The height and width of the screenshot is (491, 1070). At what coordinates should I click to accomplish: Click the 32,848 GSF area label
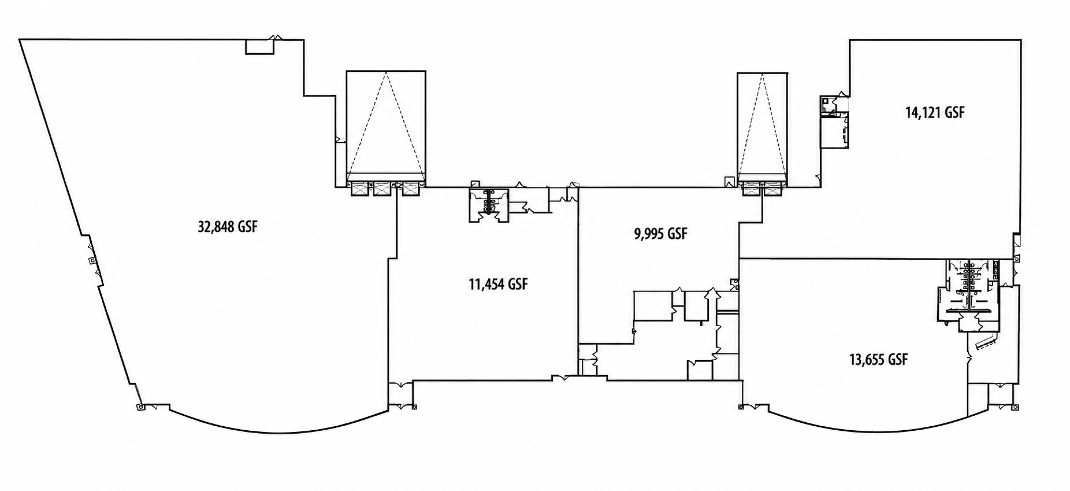228,227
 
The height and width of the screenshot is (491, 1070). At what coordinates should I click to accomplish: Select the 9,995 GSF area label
661,234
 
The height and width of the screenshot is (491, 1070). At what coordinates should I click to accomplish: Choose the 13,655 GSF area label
878,359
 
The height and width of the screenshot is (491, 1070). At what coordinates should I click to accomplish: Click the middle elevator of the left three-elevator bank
381,189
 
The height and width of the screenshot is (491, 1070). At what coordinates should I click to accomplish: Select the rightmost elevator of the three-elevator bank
411,189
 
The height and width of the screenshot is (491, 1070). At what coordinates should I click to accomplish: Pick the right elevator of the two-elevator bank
773,189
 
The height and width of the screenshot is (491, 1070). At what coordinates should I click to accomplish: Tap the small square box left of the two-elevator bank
729,182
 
